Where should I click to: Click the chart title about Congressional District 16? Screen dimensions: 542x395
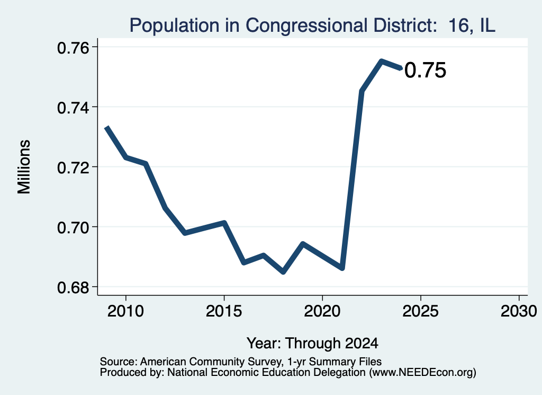click(x=312, y=25)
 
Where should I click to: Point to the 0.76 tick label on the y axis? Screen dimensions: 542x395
click(x=73, y=48)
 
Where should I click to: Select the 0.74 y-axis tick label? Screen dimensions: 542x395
click(x=73, y=108)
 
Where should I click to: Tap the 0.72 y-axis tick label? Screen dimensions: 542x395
click(x=73, y=168)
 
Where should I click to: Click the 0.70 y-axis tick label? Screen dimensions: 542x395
click(x=73, y=228)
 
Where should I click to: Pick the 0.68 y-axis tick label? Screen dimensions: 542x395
click(x=73, y=288)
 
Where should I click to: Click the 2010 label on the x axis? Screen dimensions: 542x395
click(x=125, y=311)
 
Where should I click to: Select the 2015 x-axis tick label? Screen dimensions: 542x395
click(x=224, y=311)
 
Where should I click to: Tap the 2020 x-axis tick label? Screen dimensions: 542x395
click(x=322, y=311)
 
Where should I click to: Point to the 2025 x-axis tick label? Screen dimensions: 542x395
click(x=421, y=311)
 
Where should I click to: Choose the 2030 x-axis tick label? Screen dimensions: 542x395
click(x=519, y=311)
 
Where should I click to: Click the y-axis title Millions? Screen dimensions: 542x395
click(x=24, y=167)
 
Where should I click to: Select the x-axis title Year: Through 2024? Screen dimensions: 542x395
click(x=312, y=344)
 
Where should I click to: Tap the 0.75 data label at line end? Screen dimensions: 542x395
click(x=425, y=71)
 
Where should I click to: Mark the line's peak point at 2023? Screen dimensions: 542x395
click(x=381, y=62)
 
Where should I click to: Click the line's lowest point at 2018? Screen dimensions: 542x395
click(x=283, y=272)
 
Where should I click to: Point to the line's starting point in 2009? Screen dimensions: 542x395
click(x=107, y=127)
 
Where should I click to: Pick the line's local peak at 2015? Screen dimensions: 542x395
click(x=224, y=223)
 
